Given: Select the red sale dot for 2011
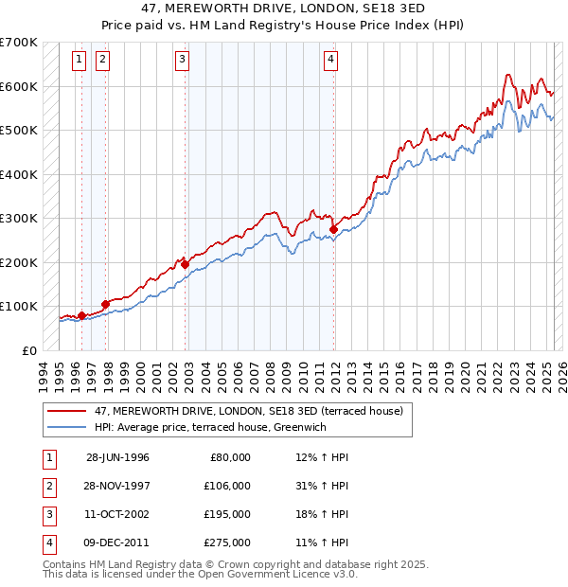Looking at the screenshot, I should (334, 229).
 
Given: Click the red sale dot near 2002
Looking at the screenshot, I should (185, 265).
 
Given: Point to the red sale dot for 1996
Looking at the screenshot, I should (81, 315).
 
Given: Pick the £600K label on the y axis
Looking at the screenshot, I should (19, 86).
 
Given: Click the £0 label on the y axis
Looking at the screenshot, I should (29, 350).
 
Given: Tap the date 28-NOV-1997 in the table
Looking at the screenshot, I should (117, 486).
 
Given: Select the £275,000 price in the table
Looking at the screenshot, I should (227, 543).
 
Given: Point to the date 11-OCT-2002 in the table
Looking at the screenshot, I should (117, 514).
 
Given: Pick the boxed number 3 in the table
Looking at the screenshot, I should (47, 514).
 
